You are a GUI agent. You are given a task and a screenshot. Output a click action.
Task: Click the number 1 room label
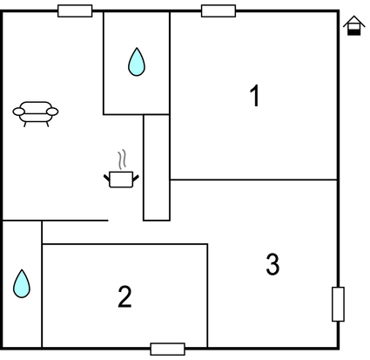[x=255, y=96]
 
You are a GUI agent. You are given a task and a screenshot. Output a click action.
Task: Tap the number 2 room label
[x=124, y=296]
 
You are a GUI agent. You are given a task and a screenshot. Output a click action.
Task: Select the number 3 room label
[x=272, y=264]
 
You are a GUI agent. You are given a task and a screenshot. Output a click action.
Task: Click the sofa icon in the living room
[x=36, y=114]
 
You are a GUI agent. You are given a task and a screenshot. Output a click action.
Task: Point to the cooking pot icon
[x=121, y=179]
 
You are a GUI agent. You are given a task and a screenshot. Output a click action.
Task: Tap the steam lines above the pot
[x=123, y=160]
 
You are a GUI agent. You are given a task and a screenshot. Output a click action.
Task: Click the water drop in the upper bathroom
[x=137, y=62]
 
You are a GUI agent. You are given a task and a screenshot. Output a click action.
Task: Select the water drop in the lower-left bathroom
[x=22, y=283]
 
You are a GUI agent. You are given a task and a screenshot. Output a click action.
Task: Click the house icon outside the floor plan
[x=354, y=25]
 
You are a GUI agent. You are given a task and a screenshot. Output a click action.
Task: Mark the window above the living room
[x=75, y=11]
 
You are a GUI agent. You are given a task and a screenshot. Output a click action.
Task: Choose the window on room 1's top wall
[x=219, y=11]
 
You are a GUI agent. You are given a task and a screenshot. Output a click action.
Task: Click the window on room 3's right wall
[x=338, y=304]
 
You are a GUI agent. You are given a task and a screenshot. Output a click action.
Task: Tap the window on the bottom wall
[x=168, y=349]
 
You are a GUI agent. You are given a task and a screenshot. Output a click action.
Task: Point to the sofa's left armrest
[x=18, y=112]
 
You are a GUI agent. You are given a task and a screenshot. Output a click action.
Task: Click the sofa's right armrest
[x=52, y=112]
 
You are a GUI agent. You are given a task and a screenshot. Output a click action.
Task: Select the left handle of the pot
[x=106, y=178]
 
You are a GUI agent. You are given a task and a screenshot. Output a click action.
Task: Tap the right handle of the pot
[x=136, y=178]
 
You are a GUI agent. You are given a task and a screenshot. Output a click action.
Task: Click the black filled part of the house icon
[x=354, y=32]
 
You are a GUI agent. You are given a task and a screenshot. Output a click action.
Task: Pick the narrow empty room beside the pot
[x=157, y=167]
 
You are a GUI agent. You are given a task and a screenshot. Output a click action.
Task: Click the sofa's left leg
[x=25, y=125]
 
